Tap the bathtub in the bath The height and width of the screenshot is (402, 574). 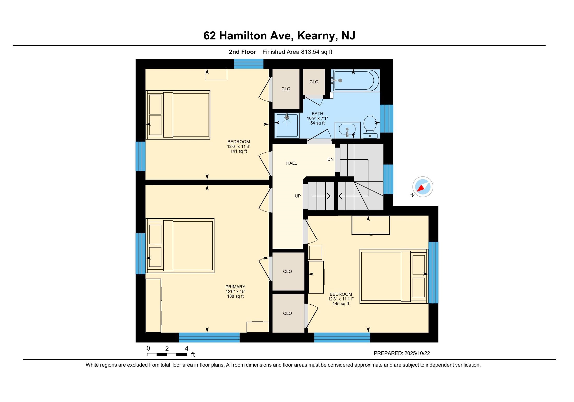[355, 80]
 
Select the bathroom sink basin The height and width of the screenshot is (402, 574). [347, 129]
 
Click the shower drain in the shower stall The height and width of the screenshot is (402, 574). [287, 117]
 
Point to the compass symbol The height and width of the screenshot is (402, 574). [423, 187]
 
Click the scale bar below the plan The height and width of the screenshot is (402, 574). [167, 354]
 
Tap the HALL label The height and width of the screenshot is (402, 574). [291, 163]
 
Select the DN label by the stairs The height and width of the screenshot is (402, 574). [330, 159]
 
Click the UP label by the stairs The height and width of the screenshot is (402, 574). [298, 196]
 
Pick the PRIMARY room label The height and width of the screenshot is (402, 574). [235, 287]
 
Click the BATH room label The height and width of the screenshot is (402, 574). [317, 114]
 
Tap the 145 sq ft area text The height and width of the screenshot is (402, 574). [341, 304]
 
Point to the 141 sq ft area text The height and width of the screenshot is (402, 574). [238, 151]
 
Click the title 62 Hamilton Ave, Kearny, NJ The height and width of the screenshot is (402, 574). [279, 36]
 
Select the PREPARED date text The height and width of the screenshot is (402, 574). [402, 353]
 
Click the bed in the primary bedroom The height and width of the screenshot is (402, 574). [180, 246]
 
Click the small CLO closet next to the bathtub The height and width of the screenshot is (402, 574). [314, 82]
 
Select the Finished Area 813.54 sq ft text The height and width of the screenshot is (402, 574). [297, 52]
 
